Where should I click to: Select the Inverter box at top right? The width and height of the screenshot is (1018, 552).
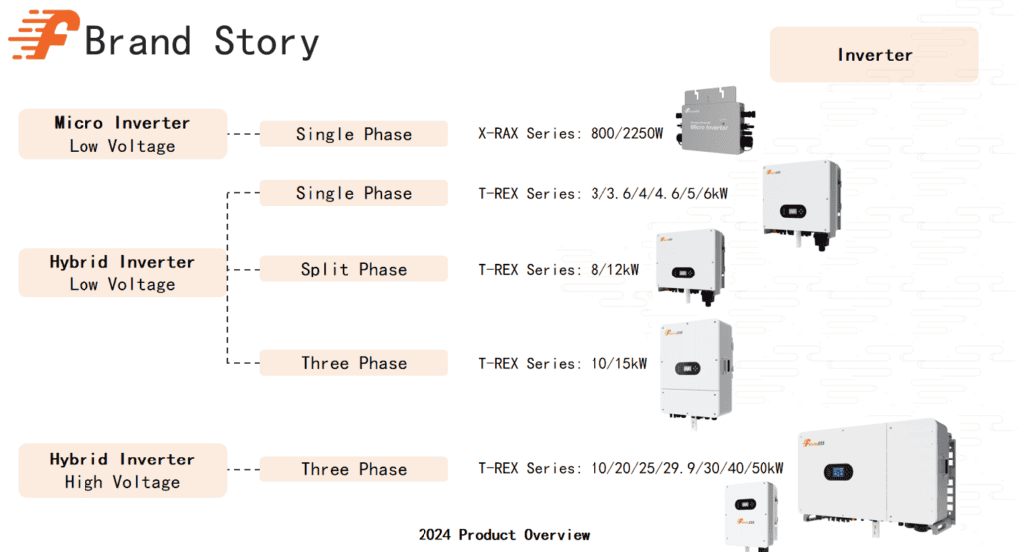(874, 55)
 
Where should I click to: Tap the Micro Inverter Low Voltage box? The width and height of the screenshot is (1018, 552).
(122, 134)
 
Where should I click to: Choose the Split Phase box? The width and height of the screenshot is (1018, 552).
(354, 269)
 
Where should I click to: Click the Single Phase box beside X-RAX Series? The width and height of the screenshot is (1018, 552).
(354, 134)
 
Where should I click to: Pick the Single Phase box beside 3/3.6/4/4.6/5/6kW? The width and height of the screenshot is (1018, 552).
(354, 193)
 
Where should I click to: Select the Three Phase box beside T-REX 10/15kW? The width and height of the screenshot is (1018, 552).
(354, 363)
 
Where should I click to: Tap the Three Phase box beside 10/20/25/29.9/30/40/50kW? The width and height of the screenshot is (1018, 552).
(354, 469)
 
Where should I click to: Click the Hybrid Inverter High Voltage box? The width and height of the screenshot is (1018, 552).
(122, 470)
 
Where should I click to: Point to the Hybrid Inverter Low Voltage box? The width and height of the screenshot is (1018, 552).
(122, 273)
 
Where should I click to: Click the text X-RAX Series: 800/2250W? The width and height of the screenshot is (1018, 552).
(570, 134)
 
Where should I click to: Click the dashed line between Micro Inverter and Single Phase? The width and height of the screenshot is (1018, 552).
(244, 134)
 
